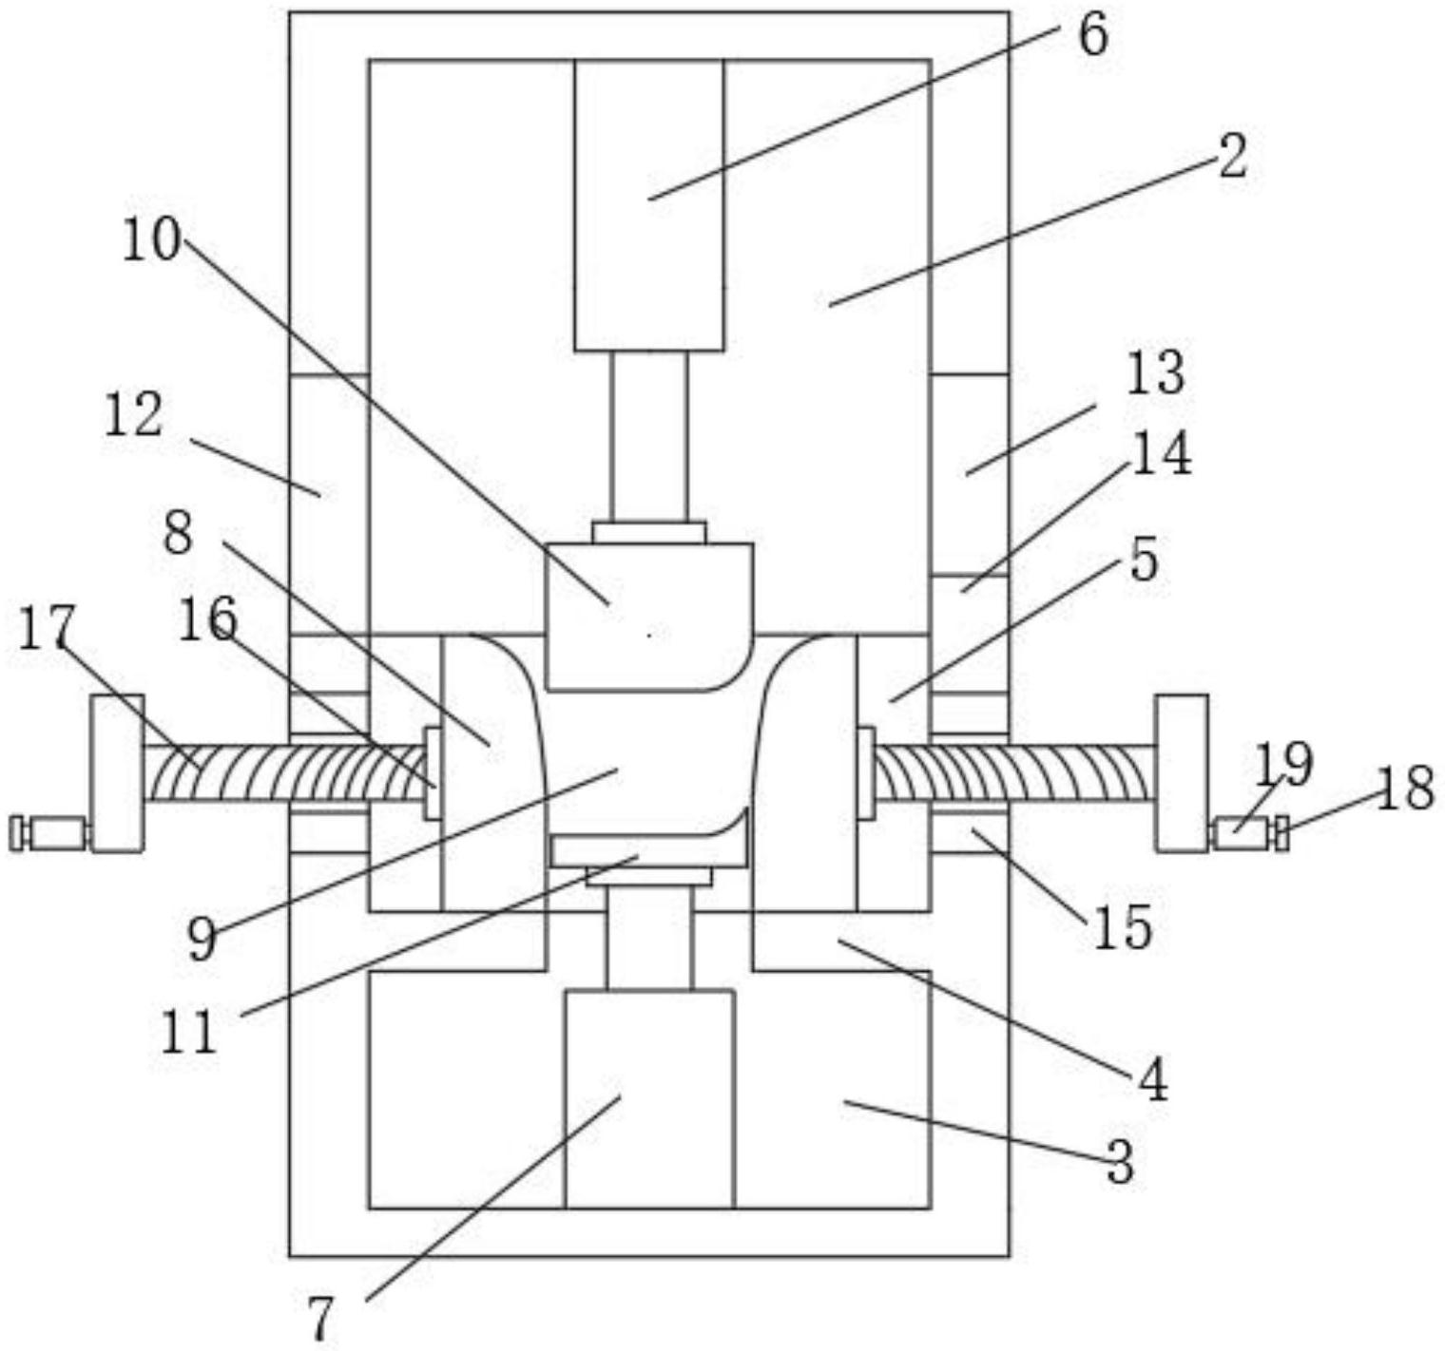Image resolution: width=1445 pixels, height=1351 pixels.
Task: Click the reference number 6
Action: [x=1093, y=36]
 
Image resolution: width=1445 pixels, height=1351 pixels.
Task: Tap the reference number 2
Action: [x=1232, y=157]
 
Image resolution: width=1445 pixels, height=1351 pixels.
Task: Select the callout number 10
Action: [x=151, y=240]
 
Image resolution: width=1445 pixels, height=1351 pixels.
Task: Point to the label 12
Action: [x=133, y=416]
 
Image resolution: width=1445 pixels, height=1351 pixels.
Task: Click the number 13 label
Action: [x=1155, y=373]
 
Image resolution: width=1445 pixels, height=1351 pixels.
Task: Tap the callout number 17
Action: [x=46, y=628]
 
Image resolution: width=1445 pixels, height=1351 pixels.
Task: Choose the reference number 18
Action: [x=1404, y=788]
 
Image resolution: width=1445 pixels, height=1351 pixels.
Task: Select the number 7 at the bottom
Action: [x=321, y=1319]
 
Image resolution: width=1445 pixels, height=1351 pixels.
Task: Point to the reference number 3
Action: [x=1121, y=1161]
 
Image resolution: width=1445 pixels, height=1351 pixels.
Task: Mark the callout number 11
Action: [x=189, y=1033]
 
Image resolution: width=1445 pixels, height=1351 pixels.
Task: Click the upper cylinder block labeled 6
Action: [x=649, y=204]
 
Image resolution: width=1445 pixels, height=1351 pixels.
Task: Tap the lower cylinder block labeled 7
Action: [x=649, y=1099]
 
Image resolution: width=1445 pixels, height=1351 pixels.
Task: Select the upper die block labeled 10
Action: [x=649, y=616]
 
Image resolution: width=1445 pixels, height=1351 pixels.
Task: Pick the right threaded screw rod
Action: [x=1012, y=771]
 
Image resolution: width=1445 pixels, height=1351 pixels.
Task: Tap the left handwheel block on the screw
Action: [x=118, y=771]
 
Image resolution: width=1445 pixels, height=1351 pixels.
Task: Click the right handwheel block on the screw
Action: [x=1182, y=771]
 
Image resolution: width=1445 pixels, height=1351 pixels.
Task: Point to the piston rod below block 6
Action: [x=649, y=435]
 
